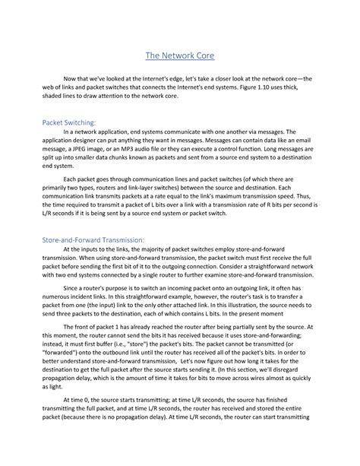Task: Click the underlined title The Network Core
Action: [x=180, y=55]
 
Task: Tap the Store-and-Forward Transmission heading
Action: [x=101, y=239]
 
